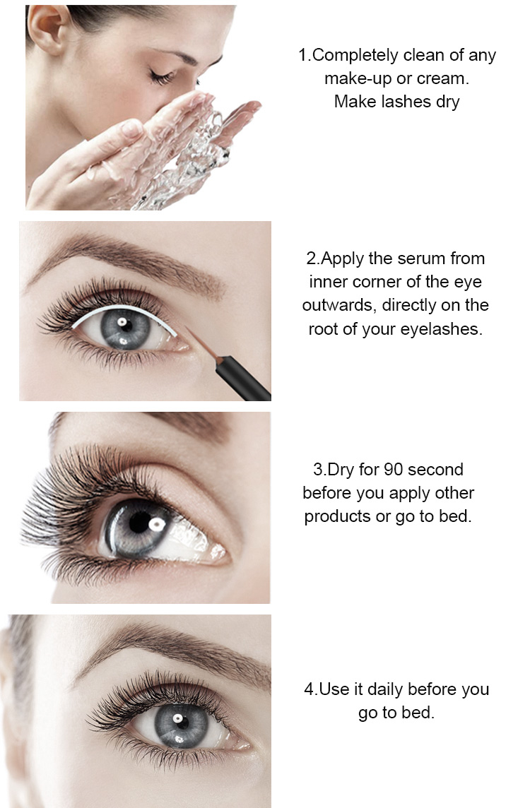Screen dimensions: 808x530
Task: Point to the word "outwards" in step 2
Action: point(336,306)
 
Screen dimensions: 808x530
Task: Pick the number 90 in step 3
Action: point(394,470)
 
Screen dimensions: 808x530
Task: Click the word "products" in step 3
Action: point(337,516)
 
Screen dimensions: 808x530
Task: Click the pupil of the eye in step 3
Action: point(144,523)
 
